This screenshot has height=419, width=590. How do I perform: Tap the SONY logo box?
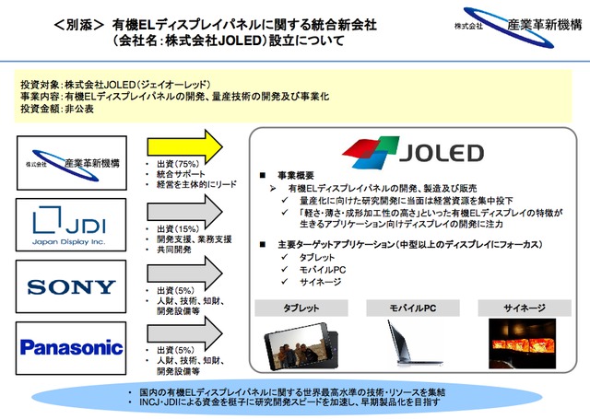point(72,286)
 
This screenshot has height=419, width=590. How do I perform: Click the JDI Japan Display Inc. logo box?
point(72,224)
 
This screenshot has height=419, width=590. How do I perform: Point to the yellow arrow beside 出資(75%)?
point(184,145)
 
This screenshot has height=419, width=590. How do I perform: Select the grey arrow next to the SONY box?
point(184,273)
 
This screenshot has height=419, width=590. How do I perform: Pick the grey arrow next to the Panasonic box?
point(184,332)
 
